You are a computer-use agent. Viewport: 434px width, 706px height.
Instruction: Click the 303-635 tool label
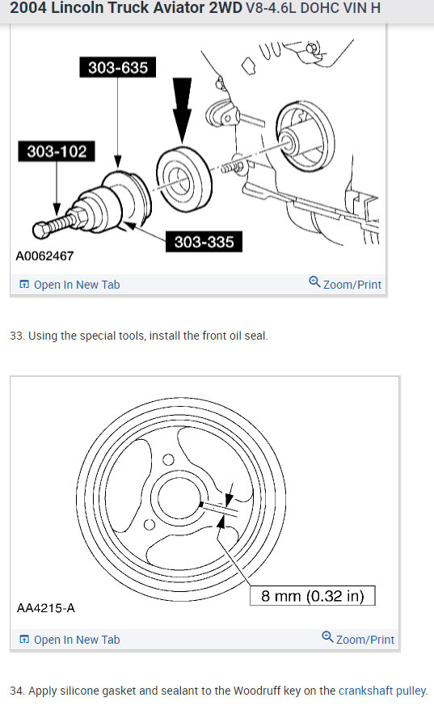point(118,67)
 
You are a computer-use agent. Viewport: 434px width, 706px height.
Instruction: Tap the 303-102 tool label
point(56,150)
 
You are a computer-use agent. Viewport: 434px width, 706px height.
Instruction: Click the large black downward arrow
point(182,110)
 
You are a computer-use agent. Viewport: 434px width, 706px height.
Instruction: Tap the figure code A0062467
point(44,256)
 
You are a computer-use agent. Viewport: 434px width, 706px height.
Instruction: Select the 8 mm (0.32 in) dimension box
point(312,596)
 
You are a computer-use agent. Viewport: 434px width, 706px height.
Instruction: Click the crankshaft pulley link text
point(381,691)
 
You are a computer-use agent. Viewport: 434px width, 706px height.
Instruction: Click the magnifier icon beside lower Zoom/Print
point(327,637)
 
